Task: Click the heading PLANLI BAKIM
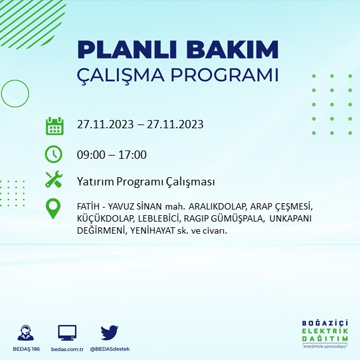(177, 50)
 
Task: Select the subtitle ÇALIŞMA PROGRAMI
(177, 74)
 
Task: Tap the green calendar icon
(55, 125)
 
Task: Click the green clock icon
(55, 154)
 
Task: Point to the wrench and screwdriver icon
(55, 180)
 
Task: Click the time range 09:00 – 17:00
(112, 154)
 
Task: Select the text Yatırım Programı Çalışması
(145, 182)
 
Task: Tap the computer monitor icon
(67, 332)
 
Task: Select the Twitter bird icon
(110, 332)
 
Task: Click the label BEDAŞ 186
(27, 349)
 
